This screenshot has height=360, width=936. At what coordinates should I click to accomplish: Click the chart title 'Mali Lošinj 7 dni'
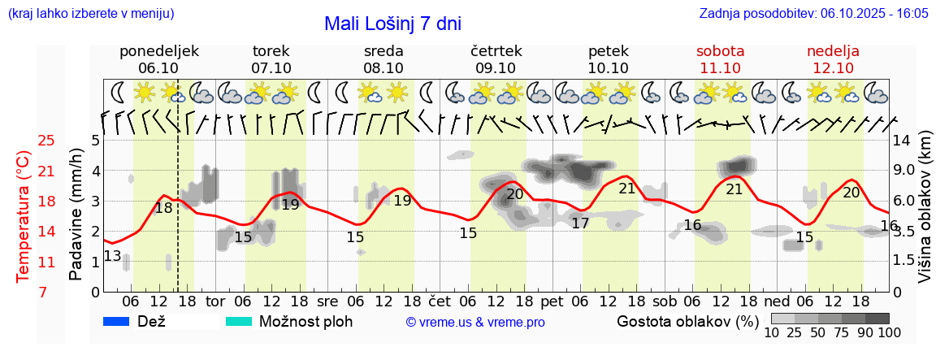click(392, 24)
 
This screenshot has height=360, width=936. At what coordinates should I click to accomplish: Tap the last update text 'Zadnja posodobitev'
click(813, 14)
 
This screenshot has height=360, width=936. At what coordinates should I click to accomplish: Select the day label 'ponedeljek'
click(158, 51)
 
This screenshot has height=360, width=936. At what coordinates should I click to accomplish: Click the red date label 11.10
click(721, 68)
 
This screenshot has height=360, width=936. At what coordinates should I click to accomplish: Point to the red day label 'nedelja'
click(833, 51)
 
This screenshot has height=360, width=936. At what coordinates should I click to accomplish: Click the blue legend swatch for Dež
click(118, 322)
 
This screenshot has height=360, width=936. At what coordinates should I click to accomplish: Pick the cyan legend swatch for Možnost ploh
click(239, 322)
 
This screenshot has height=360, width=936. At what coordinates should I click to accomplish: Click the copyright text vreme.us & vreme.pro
click(475, 323)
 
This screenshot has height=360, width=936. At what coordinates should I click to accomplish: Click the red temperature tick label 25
click(46, 141)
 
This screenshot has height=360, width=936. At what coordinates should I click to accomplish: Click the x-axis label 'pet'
click(552, 301)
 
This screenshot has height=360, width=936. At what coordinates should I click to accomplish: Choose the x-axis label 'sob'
click(665, 301)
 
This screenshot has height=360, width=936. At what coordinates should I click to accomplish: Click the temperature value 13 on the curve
click(113, 257)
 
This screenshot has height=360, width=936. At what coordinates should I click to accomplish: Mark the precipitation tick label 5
click(95, 141)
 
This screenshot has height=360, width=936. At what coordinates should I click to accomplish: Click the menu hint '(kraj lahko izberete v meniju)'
click(90, 14)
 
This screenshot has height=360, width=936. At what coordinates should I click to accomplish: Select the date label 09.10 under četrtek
click(496, 68)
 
